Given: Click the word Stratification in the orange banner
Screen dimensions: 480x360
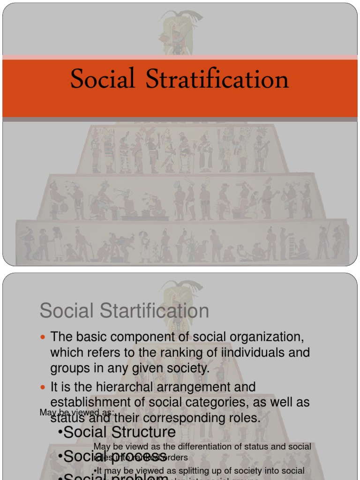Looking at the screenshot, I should tap(217, 79).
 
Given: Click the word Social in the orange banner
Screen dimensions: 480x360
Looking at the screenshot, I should tap(103, 79).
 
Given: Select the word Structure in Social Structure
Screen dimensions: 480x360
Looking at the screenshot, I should tap(145, 432).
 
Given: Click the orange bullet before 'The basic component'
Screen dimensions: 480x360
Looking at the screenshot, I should tap(44, 337).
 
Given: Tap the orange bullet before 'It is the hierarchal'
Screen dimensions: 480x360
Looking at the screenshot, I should tap(44, 388).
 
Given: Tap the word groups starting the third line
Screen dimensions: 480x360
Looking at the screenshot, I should tap(69, 368).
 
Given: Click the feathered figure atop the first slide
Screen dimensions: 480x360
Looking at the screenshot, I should tap(180, 31).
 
